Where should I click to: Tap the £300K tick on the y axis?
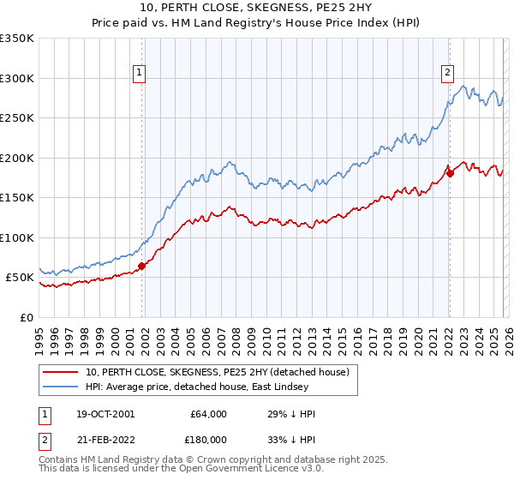click(x=17, y=78)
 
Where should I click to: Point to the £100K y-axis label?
click(x=17, y=237)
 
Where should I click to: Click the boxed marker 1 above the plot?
click(x=139, y=74)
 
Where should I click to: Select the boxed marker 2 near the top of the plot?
click(x=446, y=74)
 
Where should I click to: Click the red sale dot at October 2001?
click(x=142, y=266)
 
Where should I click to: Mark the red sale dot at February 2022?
click(x=449, y=173)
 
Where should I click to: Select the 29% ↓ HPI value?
click(x=291, y=414)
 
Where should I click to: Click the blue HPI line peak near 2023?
click(x=463, y=86)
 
